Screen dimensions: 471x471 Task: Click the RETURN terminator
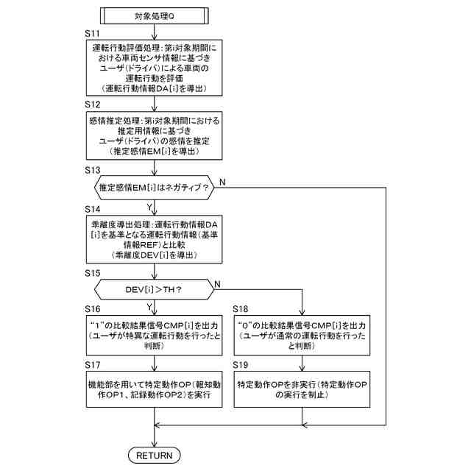[155, 455]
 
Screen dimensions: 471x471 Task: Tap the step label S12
[93, 105]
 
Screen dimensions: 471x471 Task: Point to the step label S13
[93, 169]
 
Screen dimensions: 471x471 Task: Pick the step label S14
[93, 210]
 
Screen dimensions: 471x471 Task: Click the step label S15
[93, 273]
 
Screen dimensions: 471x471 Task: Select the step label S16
[93, 310]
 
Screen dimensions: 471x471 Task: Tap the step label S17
[93, 364]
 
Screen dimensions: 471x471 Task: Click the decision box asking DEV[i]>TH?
[154, 289]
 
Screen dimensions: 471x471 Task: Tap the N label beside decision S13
[223, 181]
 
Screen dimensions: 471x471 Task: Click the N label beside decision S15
[217, 284]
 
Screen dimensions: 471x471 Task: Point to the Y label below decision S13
[150, 207]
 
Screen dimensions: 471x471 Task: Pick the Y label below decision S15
[150, 306]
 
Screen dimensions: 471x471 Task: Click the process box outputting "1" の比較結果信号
[154, 334]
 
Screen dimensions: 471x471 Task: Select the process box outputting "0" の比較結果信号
[302, 334]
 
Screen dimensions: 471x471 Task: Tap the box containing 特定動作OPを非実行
[302, 389]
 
